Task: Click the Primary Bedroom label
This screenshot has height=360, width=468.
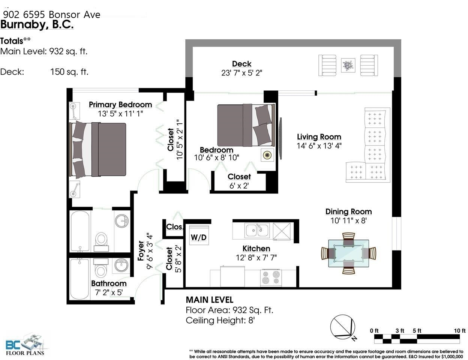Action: tap(120, 105)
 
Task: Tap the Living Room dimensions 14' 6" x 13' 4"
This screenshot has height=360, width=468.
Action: tap(319, 146)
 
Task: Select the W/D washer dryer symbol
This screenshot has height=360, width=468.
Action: tap(199, 235)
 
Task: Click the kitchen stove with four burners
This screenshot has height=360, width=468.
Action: tap(271, 278)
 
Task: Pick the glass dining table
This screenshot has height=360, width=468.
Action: tap(348, 253)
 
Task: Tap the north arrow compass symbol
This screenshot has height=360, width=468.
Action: tap(343, 327)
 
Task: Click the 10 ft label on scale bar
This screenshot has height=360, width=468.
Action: tap(460, 330)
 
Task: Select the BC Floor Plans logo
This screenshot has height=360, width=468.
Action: tap(25, 345)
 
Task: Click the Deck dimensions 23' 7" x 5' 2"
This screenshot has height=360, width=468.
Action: tap(241, 73)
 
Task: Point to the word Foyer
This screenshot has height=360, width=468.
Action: tap(141, 250)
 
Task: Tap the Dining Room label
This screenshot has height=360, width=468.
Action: tap(348, 211)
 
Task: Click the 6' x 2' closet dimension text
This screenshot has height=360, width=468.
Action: tap(239, 186)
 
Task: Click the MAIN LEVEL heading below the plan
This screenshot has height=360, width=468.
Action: tap(210, 300)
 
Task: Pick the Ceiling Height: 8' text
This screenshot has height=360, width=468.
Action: tap(220, 320)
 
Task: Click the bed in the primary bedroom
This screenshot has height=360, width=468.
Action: tap(97, 149)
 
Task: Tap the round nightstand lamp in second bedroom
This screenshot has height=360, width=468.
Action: tap(267, 155)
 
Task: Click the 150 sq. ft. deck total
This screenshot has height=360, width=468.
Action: tap(69, 72)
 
